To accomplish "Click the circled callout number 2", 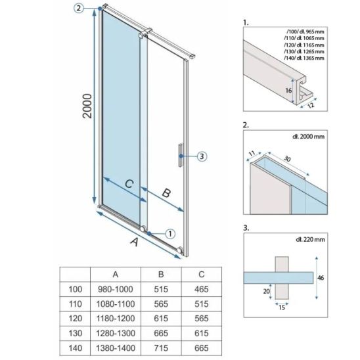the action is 79,9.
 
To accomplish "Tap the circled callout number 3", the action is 202,156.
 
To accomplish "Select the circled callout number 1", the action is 170,234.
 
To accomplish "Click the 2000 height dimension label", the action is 87,106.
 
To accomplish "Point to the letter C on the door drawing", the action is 129,184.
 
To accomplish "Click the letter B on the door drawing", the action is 166,193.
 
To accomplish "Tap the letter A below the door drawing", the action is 135,242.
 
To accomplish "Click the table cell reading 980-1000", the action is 116,289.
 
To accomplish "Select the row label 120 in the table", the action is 76,319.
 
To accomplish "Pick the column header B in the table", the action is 161,275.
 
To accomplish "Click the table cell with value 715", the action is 161,348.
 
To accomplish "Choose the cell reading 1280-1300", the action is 116,333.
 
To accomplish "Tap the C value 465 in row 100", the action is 202,289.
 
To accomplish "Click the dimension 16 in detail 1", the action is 288,91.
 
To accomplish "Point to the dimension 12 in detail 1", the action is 311,105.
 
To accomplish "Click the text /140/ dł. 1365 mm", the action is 304,58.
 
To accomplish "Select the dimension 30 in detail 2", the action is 287,158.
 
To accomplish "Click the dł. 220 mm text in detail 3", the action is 310,240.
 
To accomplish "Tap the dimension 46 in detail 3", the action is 321,278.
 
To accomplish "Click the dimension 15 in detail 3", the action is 282,307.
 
